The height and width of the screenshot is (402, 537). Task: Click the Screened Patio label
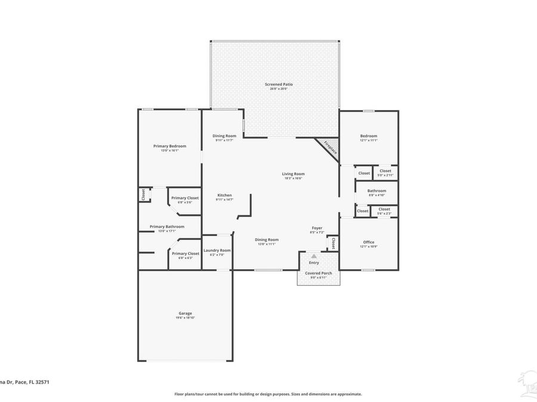(279, 85)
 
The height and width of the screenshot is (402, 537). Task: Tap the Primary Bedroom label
(169, 147)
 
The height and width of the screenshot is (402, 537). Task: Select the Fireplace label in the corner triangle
(330, 147)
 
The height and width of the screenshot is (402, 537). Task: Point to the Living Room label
(293, 174)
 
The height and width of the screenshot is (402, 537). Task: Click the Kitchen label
(224, 195)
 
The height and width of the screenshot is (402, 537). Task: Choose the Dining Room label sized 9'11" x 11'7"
(224, 136)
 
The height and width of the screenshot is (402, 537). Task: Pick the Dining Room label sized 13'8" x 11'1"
(267, 239)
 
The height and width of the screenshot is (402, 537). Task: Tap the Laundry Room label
(217, 251)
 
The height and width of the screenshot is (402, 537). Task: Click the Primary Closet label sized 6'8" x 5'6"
(185, 198)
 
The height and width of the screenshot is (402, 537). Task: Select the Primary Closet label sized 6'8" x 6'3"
(185, 253)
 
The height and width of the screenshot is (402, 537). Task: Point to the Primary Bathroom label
(167, 226)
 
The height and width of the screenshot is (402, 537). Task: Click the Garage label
(185, 313)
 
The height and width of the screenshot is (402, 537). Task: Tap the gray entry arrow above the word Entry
(314, 255)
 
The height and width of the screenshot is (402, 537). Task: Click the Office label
(369, 242)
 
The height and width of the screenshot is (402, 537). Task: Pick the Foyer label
(317, 228)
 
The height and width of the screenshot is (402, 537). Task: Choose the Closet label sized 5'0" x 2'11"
(385, 171)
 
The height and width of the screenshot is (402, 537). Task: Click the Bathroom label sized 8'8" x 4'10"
(376, 191)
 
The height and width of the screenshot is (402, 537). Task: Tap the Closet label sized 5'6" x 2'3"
(384, 209)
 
